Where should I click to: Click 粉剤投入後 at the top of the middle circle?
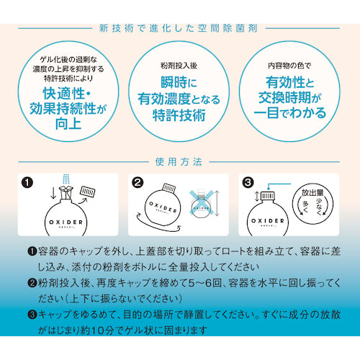click(179, 66)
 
